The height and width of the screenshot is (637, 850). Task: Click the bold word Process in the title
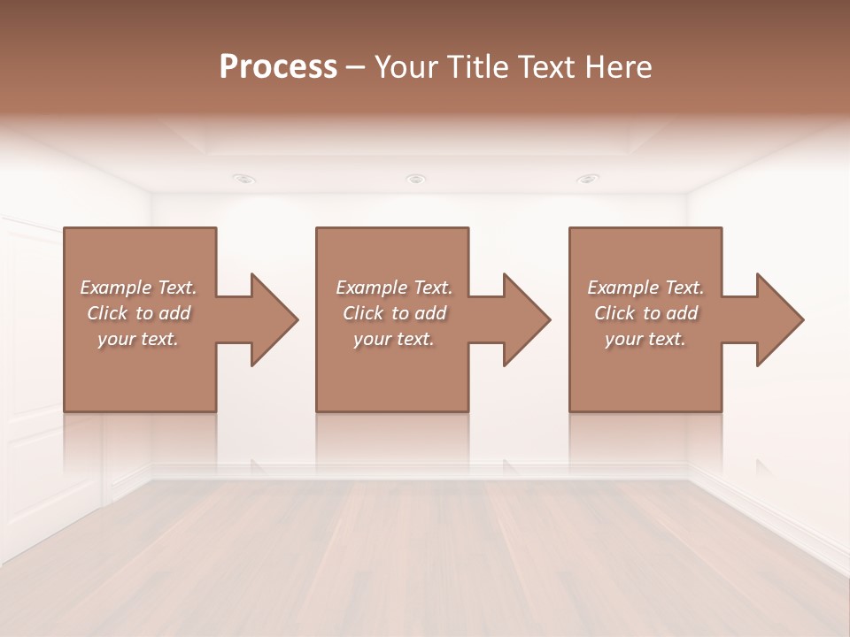[278, 66]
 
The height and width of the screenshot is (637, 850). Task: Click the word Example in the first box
[116, 288]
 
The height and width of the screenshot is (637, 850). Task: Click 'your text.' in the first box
[138, 339]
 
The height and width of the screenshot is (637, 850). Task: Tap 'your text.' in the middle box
[394, 339]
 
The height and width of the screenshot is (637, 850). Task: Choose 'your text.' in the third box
[645, 339]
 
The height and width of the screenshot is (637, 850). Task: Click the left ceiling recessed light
[243, 179]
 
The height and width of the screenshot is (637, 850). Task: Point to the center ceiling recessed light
[415, 179]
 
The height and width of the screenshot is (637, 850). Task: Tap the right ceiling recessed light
[587, 179]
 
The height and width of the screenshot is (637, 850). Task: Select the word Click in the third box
[614, 313]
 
